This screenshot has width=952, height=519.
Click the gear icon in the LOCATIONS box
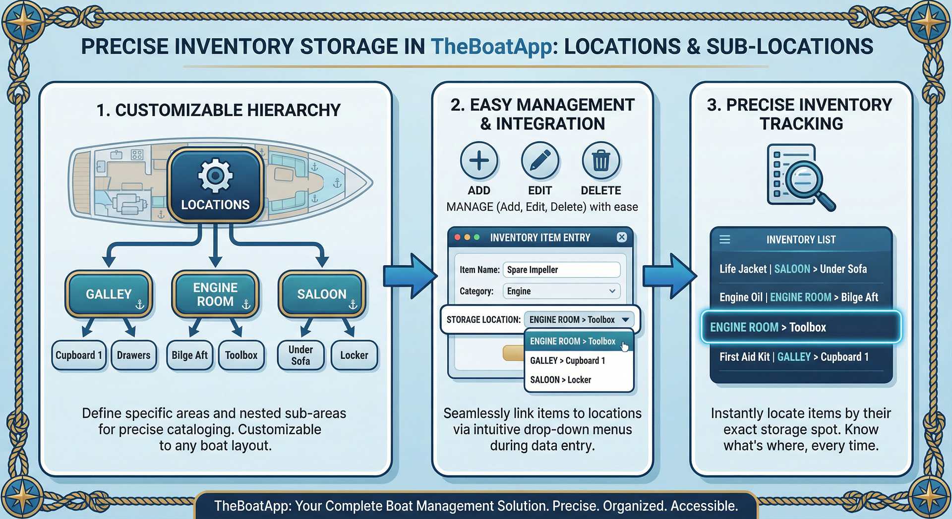[215, 175]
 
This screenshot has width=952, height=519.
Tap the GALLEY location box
[109, 294]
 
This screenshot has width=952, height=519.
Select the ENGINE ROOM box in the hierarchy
[215, 294]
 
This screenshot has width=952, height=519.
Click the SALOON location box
[322, 294]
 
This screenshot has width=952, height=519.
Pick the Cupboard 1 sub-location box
[79, 355]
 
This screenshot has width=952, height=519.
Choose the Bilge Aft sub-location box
[189, 355]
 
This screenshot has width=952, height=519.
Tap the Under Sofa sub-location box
[300, 355]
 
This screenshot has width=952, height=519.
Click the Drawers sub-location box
[133, 355]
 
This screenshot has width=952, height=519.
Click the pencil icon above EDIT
[540, 161]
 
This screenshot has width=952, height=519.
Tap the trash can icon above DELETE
[600, 161]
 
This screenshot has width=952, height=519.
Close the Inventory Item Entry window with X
[621, 237]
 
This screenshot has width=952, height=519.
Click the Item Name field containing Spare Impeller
[561, 270]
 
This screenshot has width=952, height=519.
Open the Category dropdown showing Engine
[561, 291]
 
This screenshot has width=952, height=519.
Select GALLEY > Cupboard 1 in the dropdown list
[568, 360]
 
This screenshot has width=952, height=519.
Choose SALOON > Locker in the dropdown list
[561, 380]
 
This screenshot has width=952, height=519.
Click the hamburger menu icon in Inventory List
[724, 240]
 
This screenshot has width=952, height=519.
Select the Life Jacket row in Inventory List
[793, 269]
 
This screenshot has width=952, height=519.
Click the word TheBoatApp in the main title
[491, 47]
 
